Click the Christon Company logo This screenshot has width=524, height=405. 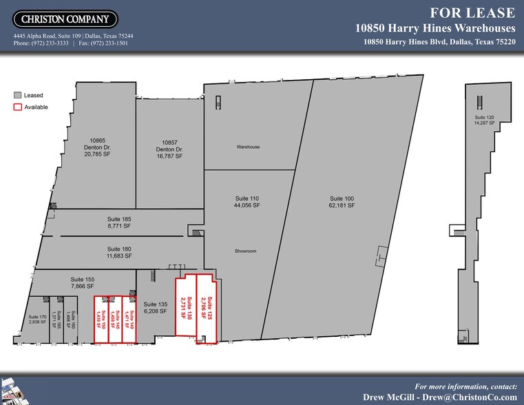[x=65, y=19]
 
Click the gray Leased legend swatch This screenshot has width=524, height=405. [x=18, y=95]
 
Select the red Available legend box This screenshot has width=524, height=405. [x=18, y=107]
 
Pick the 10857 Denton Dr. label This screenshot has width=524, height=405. [x=169, y=149]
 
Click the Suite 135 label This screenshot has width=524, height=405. [x=155, y=308]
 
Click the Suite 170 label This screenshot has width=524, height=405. [x=38, y=319]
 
